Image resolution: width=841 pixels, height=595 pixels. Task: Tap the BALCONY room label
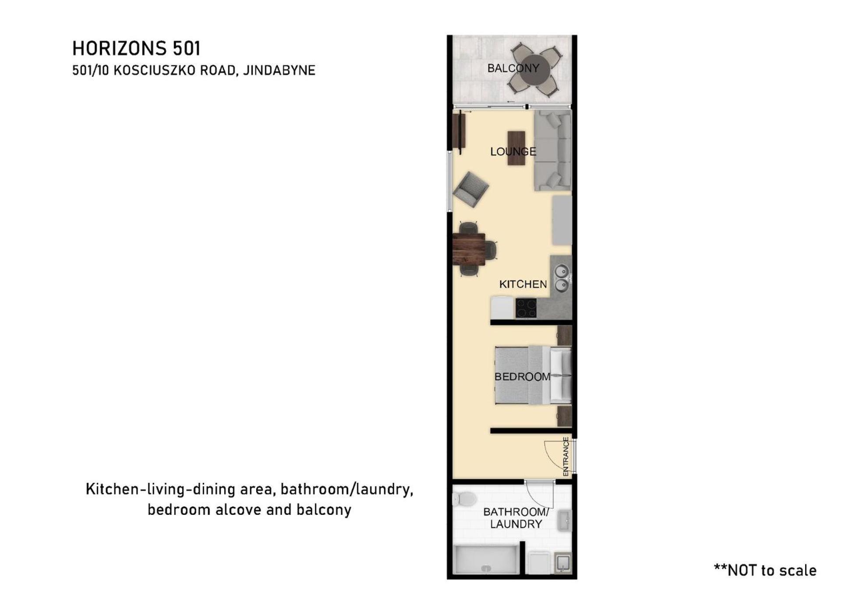tap(513, 68)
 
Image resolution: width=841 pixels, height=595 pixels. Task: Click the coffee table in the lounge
tap(516, 148)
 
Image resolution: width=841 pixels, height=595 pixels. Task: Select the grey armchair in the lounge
tap(471, 189)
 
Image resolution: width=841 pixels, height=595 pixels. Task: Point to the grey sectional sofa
tap(553, 150)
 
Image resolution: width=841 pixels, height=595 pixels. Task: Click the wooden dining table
tap(469, 249)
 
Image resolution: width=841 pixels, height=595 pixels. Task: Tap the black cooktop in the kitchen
tap(526, 308)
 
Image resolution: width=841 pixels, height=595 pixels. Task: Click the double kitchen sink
tap(562, 279)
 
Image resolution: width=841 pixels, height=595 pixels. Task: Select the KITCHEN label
tap(523, 284)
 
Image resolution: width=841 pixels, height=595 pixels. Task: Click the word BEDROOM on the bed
tap(522, 377)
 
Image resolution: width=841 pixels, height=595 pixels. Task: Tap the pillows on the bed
tap(560, 375)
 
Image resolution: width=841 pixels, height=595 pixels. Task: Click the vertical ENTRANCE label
tap(565, 457)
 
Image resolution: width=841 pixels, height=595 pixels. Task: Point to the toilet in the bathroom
tap(464, 499)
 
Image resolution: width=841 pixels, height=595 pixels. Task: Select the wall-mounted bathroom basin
tap(565, 521)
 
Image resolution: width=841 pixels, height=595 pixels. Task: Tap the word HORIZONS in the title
tap(120, 48)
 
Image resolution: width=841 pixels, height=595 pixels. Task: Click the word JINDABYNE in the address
tap(279, 71)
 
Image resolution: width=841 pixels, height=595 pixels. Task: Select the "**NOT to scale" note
tap(765, 570)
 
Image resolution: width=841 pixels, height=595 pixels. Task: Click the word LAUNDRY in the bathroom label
tap(516, 524)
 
